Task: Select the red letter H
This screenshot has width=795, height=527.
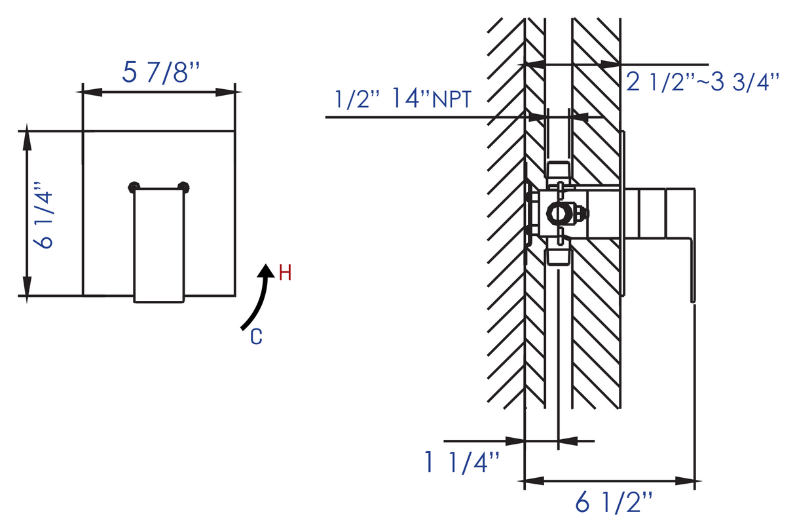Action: [285, 273]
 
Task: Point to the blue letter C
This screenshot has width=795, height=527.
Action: [257, 337]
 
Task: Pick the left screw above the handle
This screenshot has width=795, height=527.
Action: [134, 187]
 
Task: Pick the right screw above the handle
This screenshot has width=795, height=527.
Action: [183, 187]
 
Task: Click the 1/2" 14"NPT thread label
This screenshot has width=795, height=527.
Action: [402, 100]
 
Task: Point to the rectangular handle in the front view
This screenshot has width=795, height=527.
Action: [158, 246]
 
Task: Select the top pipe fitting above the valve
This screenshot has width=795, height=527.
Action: [557, 172]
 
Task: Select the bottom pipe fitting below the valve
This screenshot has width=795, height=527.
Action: [557, 254]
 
